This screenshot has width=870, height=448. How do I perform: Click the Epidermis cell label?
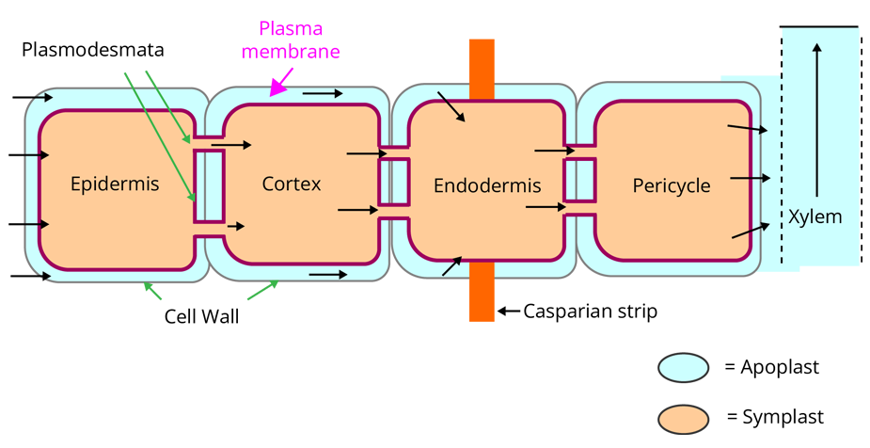(115, 184)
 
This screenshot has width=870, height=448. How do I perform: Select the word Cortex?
(292, 184)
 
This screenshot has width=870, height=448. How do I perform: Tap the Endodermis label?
(487, 185)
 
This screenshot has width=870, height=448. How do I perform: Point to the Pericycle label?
(672, 185)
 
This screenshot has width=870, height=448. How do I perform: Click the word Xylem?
(815, 217)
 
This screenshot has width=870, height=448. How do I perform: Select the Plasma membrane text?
(290, 40)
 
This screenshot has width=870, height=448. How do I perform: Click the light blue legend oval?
(683, 368)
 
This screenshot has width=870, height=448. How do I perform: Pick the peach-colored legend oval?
(683, 419)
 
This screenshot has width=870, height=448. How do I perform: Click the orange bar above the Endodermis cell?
(482, 66)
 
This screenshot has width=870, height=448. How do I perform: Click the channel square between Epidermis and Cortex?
(209, 184)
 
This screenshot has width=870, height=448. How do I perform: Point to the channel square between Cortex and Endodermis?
(393, 182)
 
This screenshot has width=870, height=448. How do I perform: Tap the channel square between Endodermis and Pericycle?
(579, 180)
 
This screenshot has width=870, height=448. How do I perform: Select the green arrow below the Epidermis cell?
(152, 291)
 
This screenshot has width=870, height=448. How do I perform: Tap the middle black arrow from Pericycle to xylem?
(751, 177)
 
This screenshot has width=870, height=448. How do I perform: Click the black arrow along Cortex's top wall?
(323, 94)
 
